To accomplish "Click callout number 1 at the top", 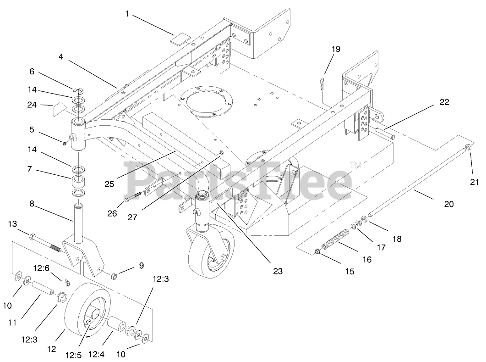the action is [x=127, y=14].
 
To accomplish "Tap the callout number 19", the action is [x=336, y=49].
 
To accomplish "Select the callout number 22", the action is [x=444, y=102].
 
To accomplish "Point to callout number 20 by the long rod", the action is [x=449, y=204].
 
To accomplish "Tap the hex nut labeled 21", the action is [x=469, y=148].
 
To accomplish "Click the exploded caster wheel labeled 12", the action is [x=88, y=312].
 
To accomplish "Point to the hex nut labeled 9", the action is [x=114, y=275].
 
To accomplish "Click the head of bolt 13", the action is [x=32, y=237].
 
